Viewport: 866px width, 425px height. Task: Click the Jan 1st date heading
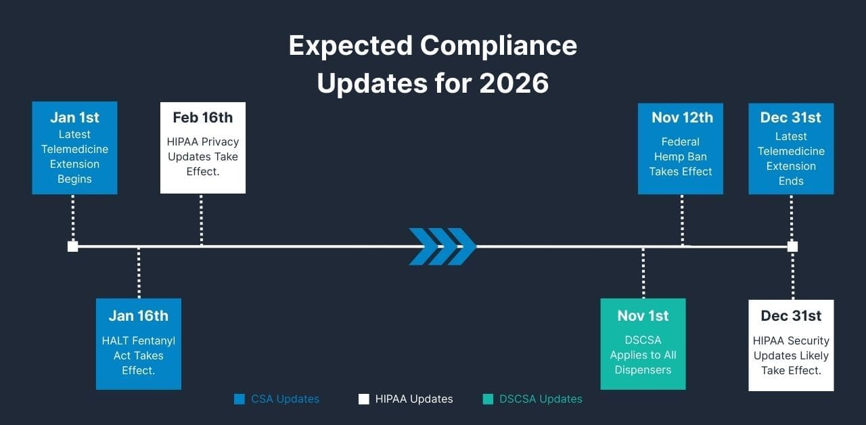click(74, 117)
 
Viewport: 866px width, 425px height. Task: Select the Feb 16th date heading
click(202, 117)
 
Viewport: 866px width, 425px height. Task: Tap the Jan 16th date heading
click(138, 315)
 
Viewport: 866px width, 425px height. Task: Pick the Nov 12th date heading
click(681, 117)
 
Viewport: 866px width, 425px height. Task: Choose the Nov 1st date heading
click(643, 315)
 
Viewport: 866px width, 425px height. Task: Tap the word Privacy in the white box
click(221, 141)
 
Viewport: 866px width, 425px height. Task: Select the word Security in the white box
click(808, 340)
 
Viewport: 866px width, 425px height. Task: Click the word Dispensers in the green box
click(643, 370)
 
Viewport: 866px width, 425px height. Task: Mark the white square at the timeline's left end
click(73, 246)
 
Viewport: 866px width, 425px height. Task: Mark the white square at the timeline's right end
click(792, 246)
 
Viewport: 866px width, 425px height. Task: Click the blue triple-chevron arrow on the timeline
click(442, 246)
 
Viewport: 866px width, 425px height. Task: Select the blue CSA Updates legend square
click(239, 399)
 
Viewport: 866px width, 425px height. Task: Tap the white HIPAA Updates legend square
click(363, 399)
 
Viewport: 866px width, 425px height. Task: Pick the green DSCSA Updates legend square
click(488, 399)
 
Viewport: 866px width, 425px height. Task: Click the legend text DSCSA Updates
click(541, 399)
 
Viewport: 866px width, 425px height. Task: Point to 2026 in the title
click(514, 83)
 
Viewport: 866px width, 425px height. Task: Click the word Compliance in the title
click(498, 46)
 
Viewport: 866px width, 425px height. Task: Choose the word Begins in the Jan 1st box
click(74, 179)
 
